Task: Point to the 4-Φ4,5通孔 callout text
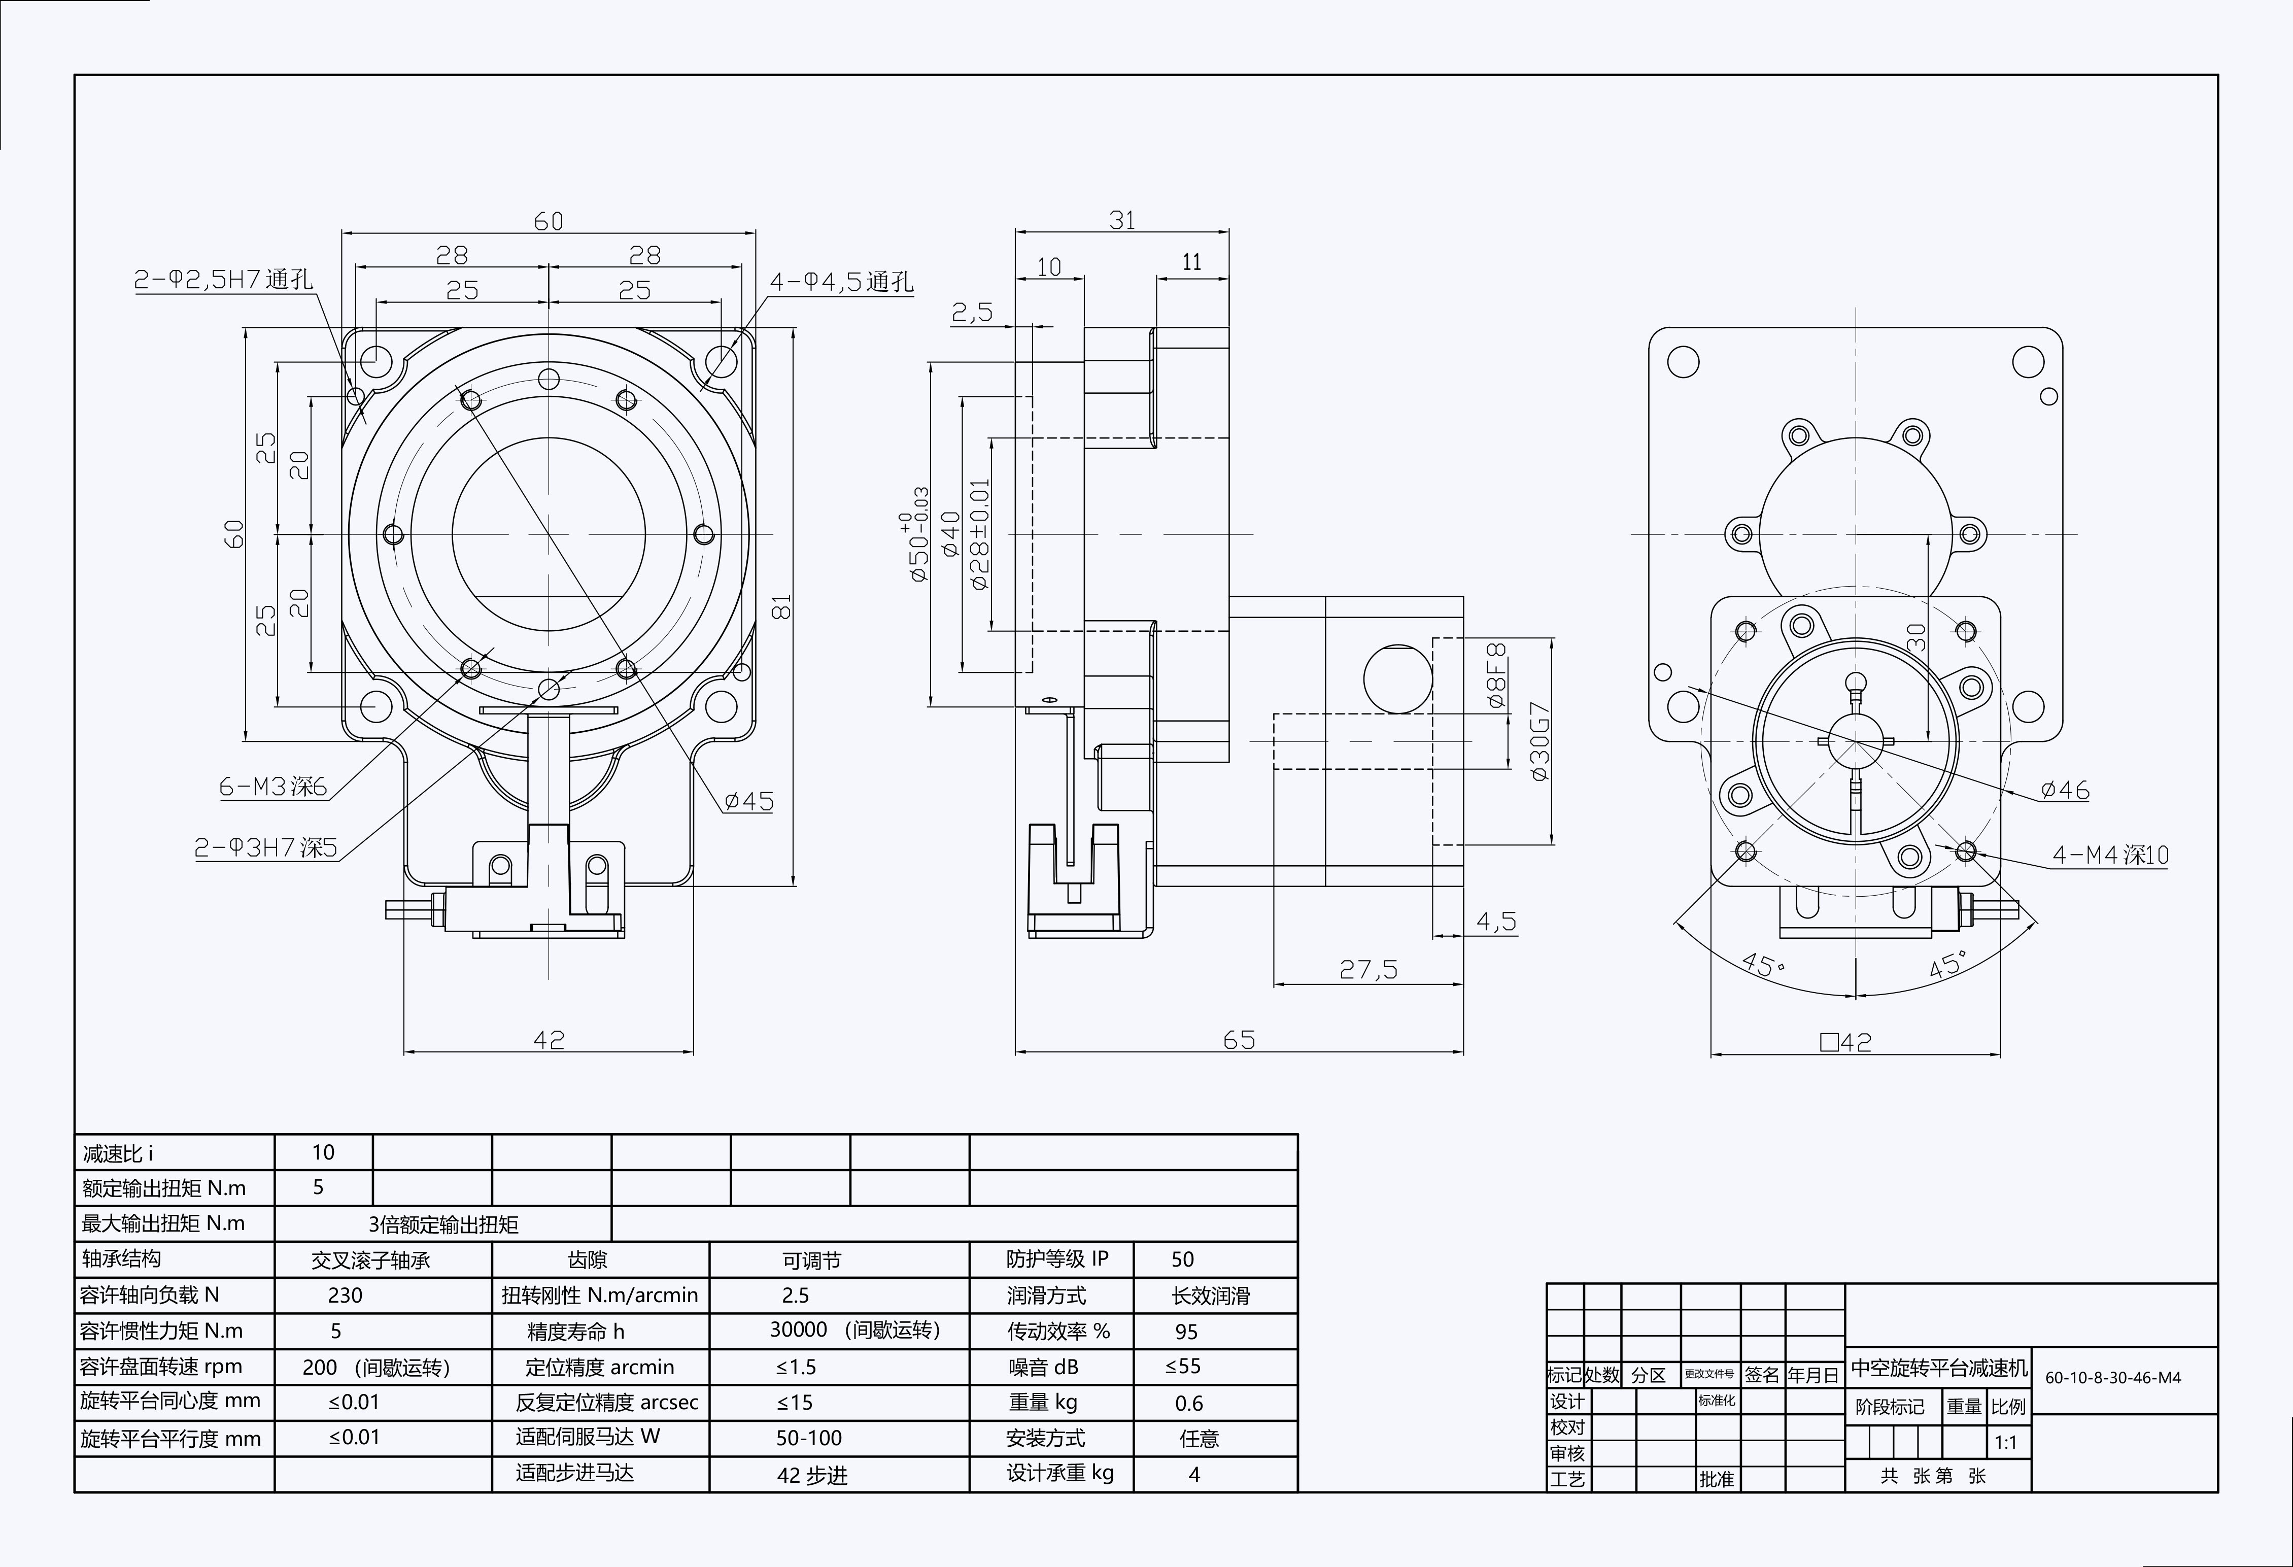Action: [x=841, y=282]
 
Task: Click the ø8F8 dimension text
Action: [x=1497, y=676]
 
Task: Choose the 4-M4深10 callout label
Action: [x=2110, y=855]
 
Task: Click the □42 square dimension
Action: [x=1845, y=1042]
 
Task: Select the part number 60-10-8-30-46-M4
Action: [x=2112, y=1378]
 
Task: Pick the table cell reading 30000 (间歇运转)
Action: [x=854, y=1330]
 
